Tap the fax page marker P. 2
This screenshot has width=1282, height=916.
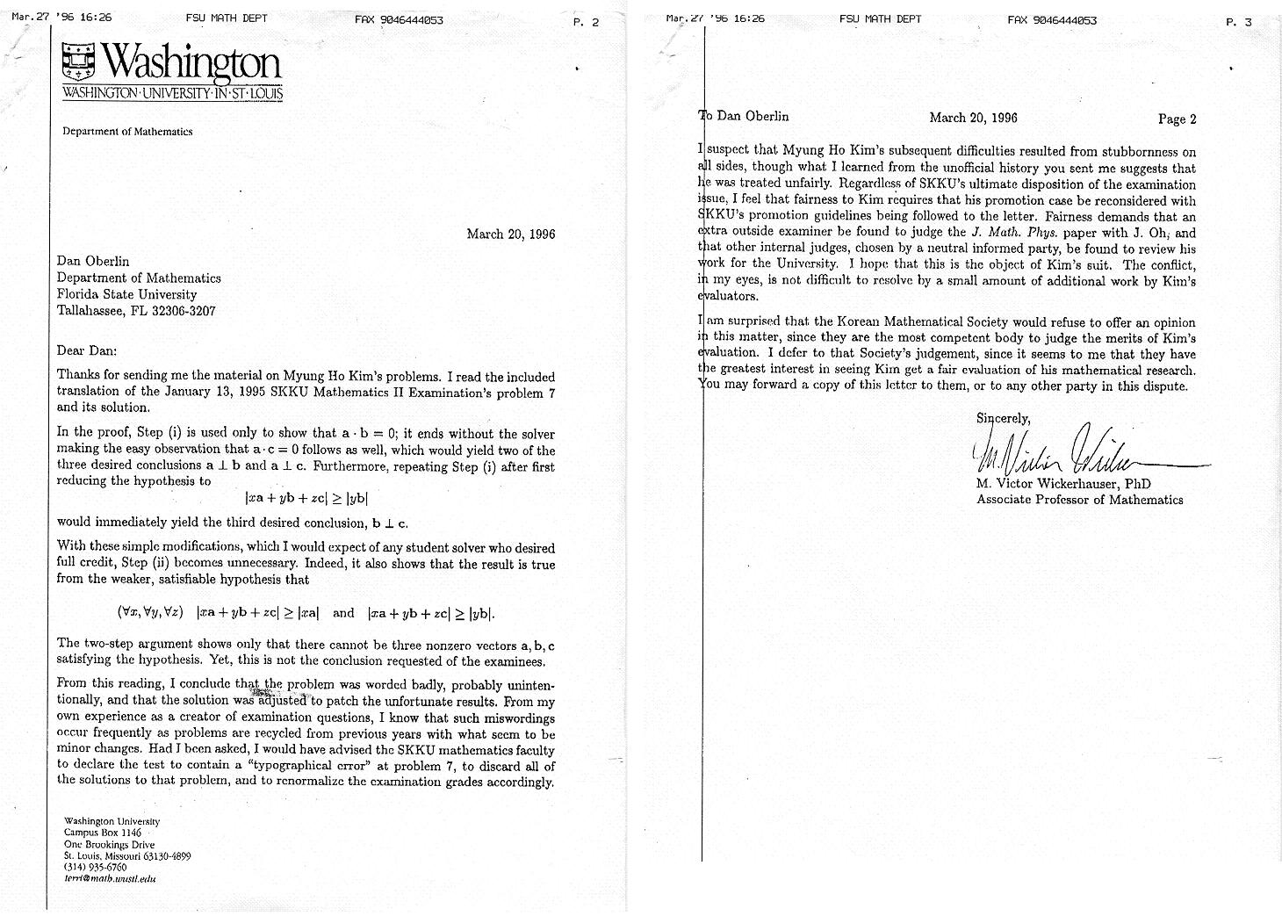click(586, 23)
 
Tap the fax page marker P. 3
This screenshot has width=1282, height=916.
click(1238, 23)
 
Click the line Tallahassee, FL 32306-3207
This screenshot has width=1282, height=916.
click(136, 311)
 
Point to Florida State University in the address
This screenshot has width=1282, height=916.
click(126, 294)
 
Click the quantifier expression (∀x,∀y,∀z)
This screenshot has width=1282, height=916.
click(150, 613)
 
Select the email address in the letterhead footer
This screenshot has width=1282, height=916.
click(110, 878)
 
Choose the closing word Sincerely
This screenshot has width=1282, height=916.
click(1003, 418)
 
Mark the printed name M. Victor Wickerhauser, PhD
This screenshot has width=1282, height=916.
click(1063, 484)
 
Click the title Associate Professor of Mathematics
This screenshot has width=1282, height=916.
click(1079, 500)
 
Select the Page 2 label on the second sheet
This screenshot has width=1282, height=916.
click(1177, 119)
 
